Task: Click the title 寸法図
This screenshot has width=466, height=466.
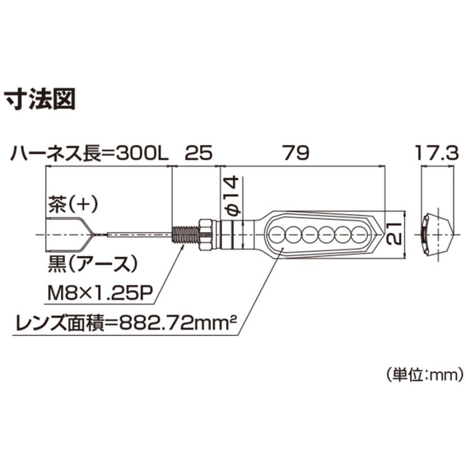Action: (39, 99)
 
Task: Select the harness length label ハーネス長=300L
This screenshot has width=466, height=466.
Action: (89, 154)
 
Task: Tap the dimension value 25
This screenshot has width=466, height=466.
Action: (199, 153)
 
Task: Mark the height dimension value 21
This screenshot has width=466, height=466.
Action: (394, 234)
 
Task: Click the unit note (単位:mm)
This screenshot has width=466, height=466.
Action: (425, 375)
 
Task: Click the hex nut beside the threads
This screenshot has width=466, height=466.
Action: (206, 235)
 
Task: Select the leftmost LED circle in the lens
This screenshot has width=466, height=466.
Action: (278, 234)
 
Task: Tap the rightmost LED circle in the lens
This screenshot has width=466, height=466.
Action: (359, 234)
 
